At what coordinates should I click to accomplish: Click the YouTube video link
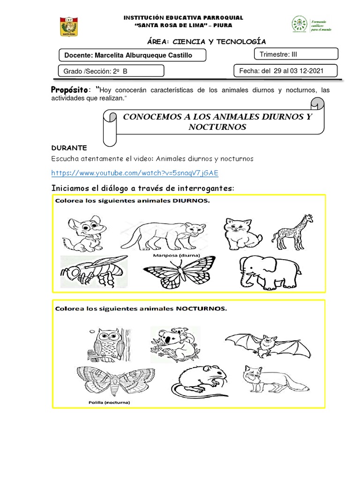(135, 173)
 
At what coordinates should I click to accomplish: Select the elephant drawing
(264, 273)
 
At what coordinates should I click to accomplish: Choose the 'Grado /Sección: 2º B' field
(111, 71)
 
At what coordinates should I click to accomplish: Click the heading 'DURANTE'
(69, 147)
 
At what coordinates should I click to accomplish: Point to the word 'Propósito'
(69, 90)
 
